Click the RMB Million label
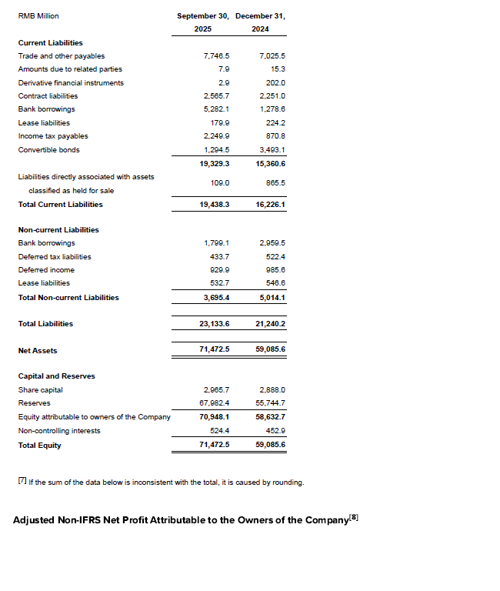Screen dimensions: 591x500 (38, 16)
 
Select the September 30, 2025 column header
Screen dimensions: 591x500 (204, 22)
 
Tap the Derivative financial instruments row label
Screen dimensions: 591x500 (71, 83)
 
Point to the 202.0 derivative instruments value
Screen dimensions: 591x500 (275, 83)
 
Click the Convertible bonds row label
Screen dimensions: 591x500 (48, 150)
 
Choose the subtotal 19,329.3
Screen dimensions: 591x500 (215, 164)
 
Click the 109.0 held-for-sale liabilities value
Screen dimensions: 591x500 (220, 183)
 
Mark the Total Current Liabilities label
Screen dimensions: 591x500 (60, 205)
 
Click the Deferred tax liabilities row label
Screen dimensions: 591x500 (55, 257)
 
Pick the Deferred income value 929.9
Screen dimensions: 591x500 (219, 270)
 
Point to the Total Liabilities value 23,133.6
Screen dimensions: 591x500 (215, 324)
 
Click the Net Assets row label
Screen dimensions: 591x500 (38, 351)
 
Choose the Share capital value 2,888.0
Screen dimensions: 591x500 (272, 390)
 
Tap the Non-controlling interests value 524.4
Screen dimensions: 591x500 (219, 431)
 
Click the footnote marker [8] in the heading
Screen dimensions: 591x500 (353, 518)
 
